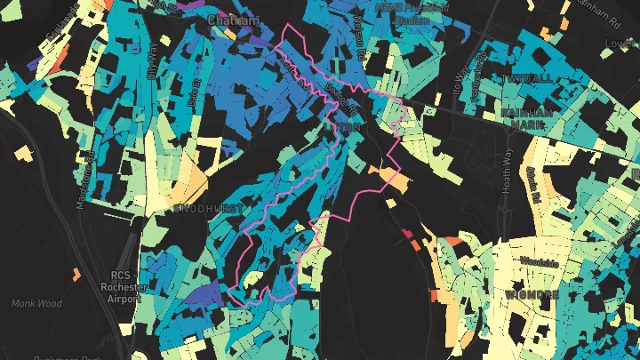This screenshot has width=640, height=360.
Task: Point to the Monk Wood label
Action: [x=35, y=303]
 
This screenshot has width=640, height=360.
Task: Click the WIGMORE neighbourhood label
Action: [x=531, y=294]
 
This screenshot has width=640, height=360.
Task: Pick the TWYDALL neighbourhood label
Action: [x=526, y=80]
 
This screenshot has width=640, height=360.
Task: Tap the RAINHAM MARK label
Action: [x=526, y=120]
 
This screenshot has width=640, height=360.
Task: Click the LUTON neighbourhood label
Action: [x=344, y=128]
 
